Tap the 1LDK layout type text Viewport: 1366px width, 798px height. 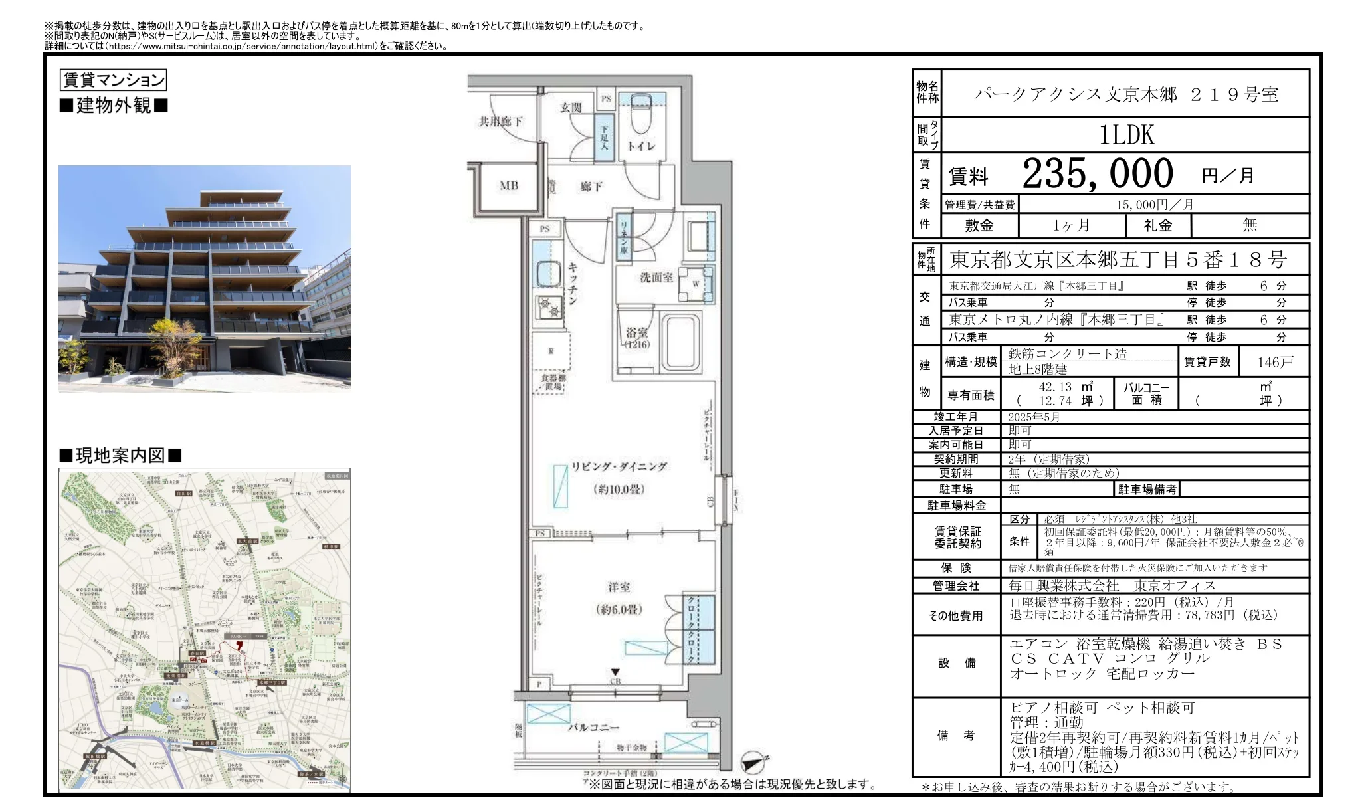click(x=1126, y=135)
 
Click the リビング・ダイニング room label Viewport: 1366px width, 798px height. click(x=619, y=466)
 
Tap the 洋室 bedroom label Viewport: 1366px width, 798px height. click(x=619, y=587)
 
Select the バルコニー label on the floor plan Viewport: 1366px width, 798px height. click(x=593, y=728)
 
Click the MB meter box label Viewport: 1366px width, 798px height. click(x=509, y=186)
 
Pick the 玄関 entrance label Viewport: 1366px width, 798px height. click(x=571, y=107)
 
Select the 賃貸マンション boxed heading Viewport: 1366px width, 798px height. click(x=113, y=80)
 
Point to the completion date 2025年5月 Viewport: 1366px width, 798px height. click(x=1034, y=417)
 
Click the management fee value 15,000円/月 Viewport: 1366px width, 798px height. click(x=1155, y=205)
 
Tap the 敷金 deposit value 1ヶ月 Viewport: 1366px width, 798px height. click(x=1071, y=225)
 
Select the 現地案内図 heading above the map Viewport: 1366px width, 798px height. click(x=120, y=456)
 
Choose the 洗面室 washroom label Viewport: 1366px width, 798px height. click(x=656, y=277)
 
